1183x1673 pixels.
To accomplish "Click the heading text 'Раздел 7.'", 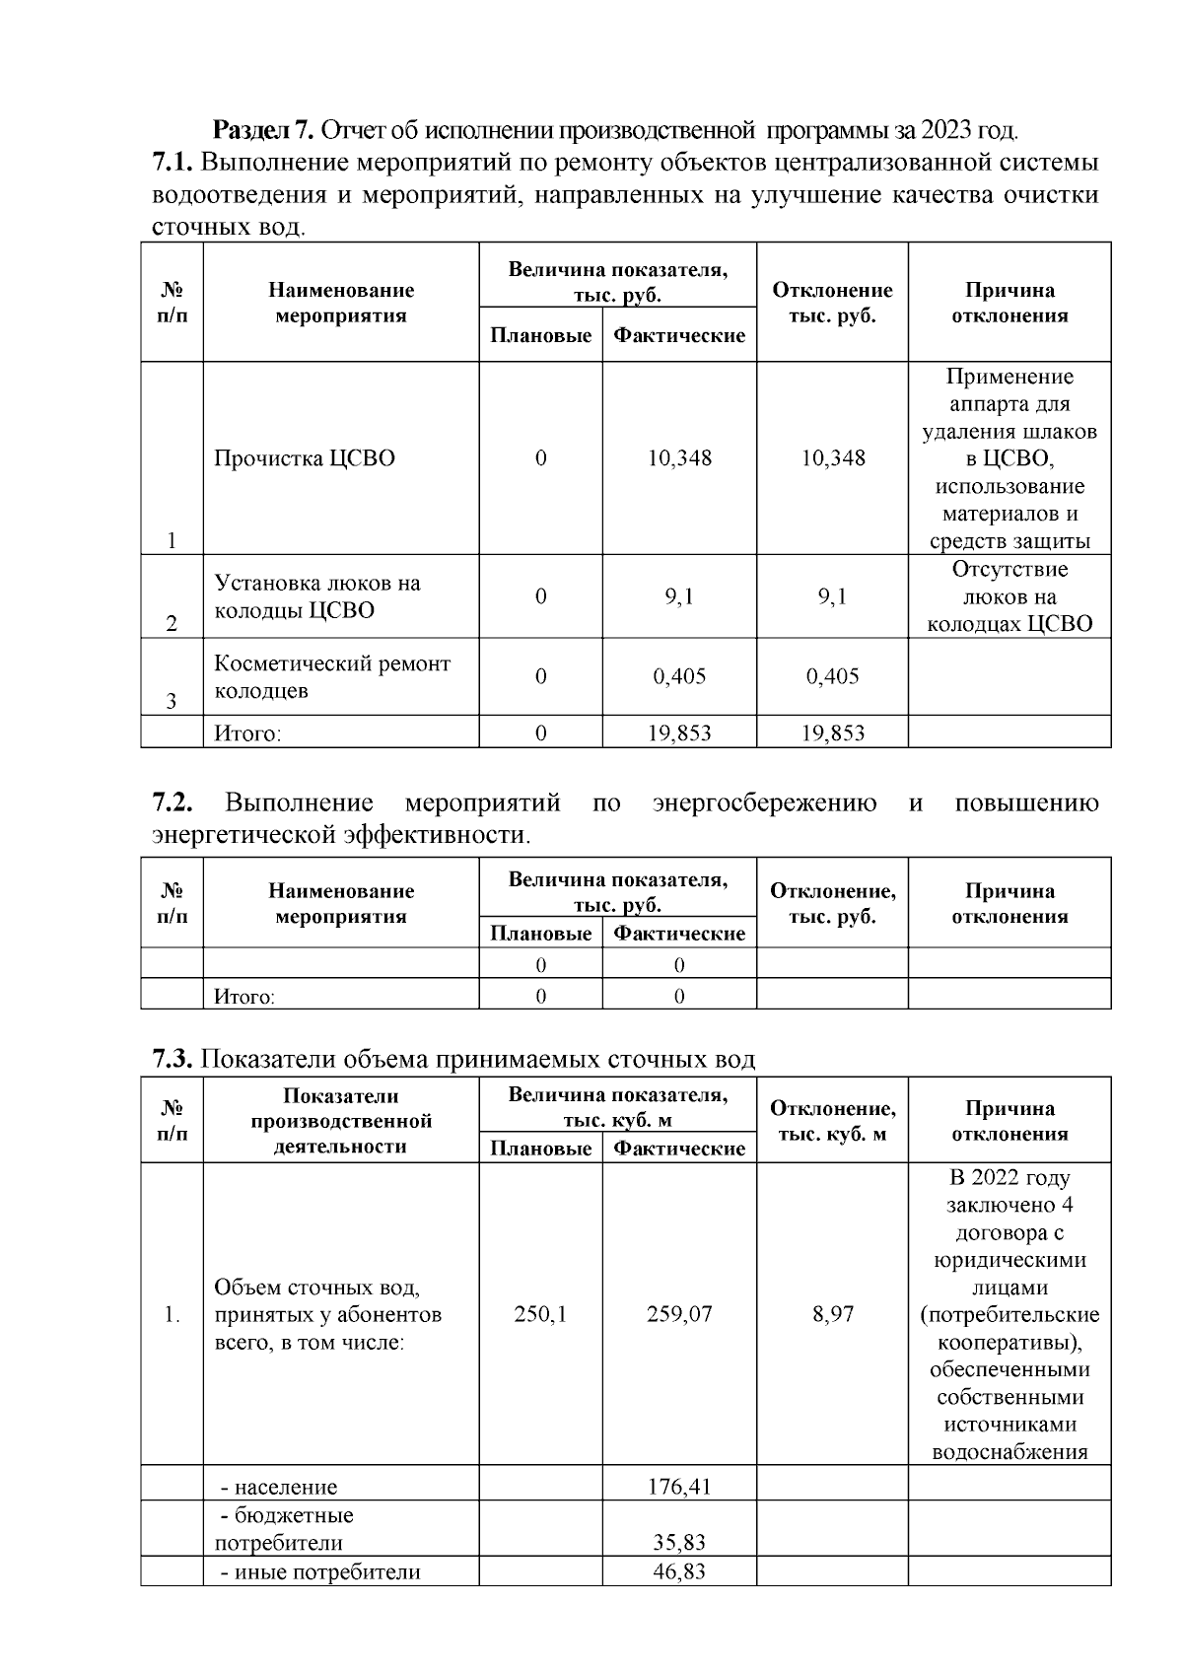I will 264,129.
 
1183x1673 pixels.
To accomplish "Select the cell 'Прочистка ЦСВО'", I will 305,458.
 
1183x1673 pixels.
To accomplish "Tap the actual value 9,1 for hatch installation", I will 679,596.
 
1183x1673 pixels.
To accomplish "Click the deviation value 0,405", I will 832,676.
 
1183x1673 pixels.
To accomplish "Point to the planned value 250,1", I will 540,1314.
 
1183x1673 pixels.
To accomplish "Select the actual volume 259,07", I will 679,1314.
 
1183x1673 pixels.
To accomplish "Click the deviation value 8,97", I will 832,1314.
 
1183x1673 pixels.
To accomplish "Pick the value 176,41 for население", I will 679,1486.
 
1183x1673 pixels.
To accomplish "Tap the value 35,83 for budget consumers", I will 679,1543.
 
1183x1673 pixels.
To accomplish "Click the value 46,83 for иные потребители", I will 679,1571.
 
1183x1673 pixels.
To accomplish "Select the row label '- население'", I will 278,1487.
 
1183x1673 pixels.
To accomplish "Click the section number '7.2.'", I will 177,803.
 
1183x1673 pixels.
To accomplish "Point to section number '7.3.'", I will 174,1060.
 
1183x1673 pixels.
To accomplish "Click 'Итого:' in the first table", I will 247,733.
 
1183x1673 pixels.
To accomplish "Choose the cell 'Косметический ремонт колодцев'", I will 332,677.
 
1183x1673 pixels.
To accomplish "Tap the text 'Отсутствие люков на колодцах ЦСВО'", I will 1009,596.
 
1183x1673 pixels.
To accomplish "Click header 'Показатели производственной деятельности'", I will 341,1121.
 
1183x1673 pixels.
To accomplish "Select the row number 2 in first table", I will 172,624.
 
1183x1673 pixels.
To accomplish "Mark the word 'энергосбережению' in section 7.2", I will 764,803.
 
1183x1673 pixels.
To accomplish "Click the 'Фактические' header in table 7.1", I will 679,336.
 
